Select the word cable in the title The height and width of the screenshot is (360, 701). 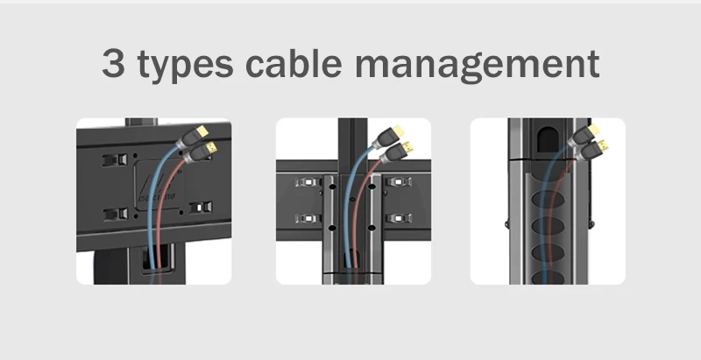pos(295,65)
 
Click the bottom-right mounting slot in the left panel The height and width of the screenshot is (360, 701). pos(202,208)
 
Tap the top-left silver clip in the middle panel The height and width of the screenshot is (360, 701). pos(306,184)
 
